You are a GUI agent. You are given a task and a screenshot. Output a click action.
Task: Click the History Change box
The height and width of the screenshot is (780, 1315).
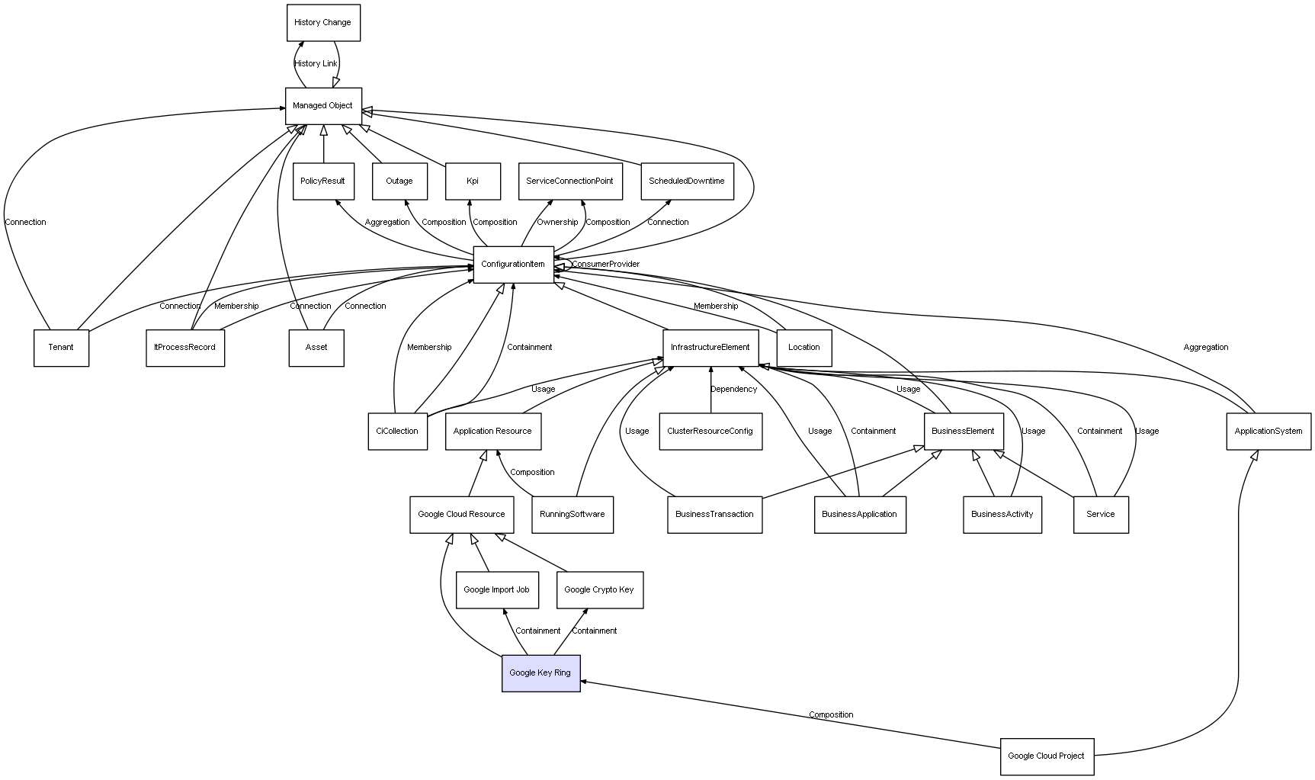click(x=323, y=23)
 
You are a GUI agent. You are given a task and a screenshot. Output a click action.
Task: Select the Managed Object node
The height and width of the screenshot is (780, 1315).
click(x=323, y=106)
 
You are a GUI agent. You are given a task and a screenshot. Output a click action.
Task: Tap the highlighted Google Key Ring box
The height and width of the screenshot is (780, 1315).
click(x=540, y=673)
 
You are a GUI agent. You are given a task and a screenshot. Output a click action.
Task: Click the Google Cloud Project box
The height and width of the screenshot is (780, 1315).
click(x=1047, y=756)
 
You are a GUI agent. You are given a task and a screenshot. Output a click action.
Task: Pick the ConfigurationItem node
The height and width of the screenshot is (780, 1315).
click(x=513, y=265)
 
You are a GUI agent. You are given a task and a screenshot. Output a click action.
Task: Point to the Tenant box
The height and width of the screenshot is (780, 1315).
click(x=61, y=348)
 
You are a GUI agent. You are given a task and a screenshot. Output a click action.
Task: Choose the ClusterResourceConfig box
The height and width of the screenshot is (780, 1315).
click(x=710, y=432)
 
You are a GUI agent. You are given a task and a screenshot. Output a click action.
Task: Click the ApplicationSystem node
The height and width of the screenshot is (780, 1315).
click(x=1268, y=432)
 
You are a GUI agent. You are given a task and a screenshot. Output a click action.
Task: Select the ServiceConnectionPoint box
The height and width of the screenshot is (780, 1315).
click(x=569, y=181)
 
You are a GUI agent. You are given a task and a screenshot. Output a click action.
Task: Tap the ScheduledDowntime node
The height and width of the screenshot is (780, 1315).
click(x=687, y=181)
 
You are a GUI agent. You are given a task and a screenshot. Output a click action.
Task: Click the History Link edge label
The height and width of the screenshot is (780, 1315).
click(x=316, y=64)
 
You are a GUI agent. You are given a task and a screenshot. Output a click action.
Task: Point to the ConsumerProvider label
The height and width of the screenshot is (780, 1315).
click(x=605, y=265)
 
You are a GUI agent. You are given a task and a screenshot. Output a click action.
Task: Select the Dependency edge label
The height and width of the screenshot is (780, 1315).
click(x=734, y=390)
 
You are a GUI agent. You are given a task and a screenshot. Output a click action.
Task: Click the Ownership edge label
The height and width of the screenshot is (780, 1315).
click(x=557, y=223)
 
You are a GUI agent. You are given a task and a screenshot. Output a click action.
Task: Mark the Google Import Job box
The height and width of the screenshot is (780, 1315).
click(x=497, y=590)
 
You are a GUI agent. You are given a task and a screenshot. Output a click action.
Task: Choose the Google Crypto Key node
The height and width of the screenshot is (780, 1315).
click(x=599, y=590)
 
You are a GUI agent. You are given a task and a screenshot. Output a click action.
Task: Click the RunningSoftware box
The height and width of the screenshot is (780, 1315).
click(x=572, y=515)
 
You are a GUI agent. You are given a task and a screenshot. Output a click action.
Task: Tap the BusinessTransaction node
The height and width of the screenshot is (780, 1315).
click(x=714, y=515)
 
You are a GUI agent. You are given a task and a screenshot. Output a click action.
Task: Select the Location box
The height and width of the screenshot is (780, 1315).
click(x=804, y=348)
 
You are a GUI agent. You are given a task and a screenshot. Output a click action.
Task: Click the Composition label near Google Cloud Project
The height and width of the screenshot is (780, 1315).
click(x=831, y=715)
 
